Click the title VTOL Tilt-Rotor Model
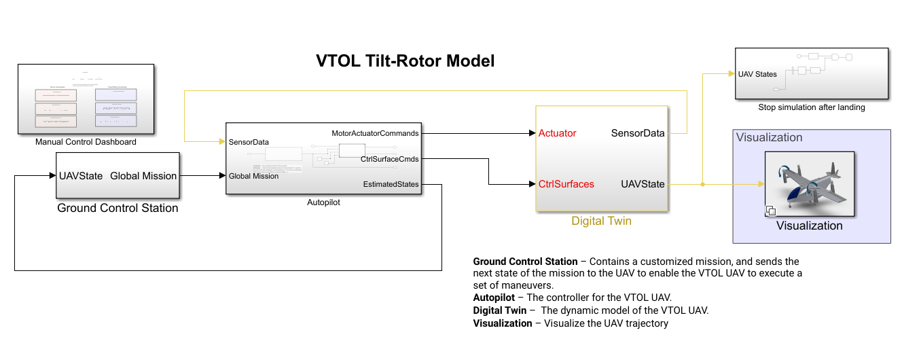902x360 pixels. tap(405, 61)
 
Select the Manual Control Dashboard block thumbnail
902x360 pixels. tap(86, 99)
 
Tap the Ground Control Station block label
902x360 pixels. tap(118, 208)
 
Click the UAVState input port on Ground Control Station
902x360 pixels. tap(81, 176)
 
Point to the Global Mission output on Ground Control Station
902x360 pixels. tap(143, 176)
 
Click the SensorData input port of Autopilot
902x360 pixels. tap(249, 142)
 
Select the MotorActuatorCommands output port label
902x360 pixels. tap(375, 132)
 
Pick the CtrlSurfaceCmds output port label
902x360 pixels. tap(389, 159)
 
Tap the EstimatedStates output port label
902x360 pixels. tap(391, 184)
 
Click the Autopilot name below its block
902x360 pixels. tap(323, 202)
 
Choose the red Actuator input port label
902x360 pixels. tap(557, 133)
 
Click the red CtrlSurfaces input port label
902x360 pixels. tap(566, 184)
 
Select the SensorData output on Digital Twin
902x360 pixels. tap(638, 133)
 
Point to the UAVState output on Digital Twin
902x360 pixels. tap(643, 184)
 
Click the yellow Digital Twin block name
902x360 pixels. tap(601, 221)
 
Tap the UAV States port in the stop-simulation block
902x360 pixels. tap(757, 74)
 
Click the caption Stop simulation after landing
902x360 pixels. tap(812, 107)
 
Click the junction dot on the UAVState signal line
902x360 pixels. tap(702, 183)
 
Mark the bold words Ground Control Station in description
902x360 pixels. tap(525, 262)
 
